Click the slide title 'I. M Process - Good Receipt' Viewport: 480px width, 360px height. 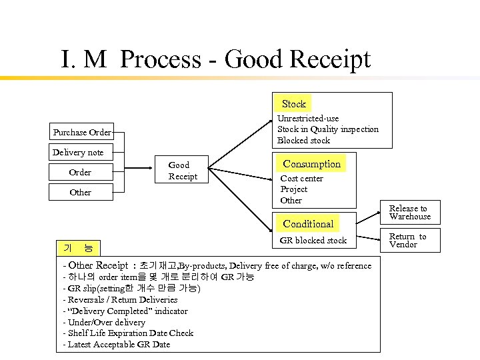pos(215,59)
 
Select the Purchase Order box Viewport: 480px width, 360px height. pos(82,132)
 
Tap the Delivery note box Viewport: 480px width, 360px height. pos(78,152)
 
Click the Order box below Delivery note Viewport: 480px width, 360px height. pos(80,173)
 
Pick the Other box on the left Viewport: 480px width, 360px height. pos(80,193)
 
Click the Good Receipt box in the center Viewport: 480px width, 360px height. pos(182,171)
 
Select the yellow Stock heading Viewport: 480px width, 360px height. pos(293,103)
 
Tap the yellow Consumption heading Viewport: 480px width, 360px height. pos(311,164)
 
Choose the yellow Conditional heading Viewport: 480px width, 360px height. pos(308,223)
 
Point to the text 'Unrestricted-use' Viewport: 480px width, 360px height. pos(308,118)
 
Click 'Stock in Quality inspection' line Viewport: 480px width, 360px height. pos(327,129)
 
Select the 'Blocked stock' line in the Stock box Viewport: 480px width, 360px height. pos(303,141)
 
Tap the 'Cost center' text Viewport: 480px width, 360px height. pos(301,179)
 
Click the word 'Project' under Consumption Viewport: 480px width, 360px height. pos(293,189)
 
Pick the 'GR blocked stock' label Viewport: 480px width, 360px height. pos(313,240)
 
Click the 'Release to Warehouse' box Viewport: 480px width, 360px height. pos(409,213)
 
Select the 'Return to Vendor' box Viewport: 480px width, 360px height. pos(407,241)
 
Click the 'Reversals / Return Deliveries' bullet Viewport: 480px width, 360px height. pos(122,299)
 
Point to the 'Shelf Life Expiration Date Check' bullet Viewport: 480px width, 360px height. pos(127,333)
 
